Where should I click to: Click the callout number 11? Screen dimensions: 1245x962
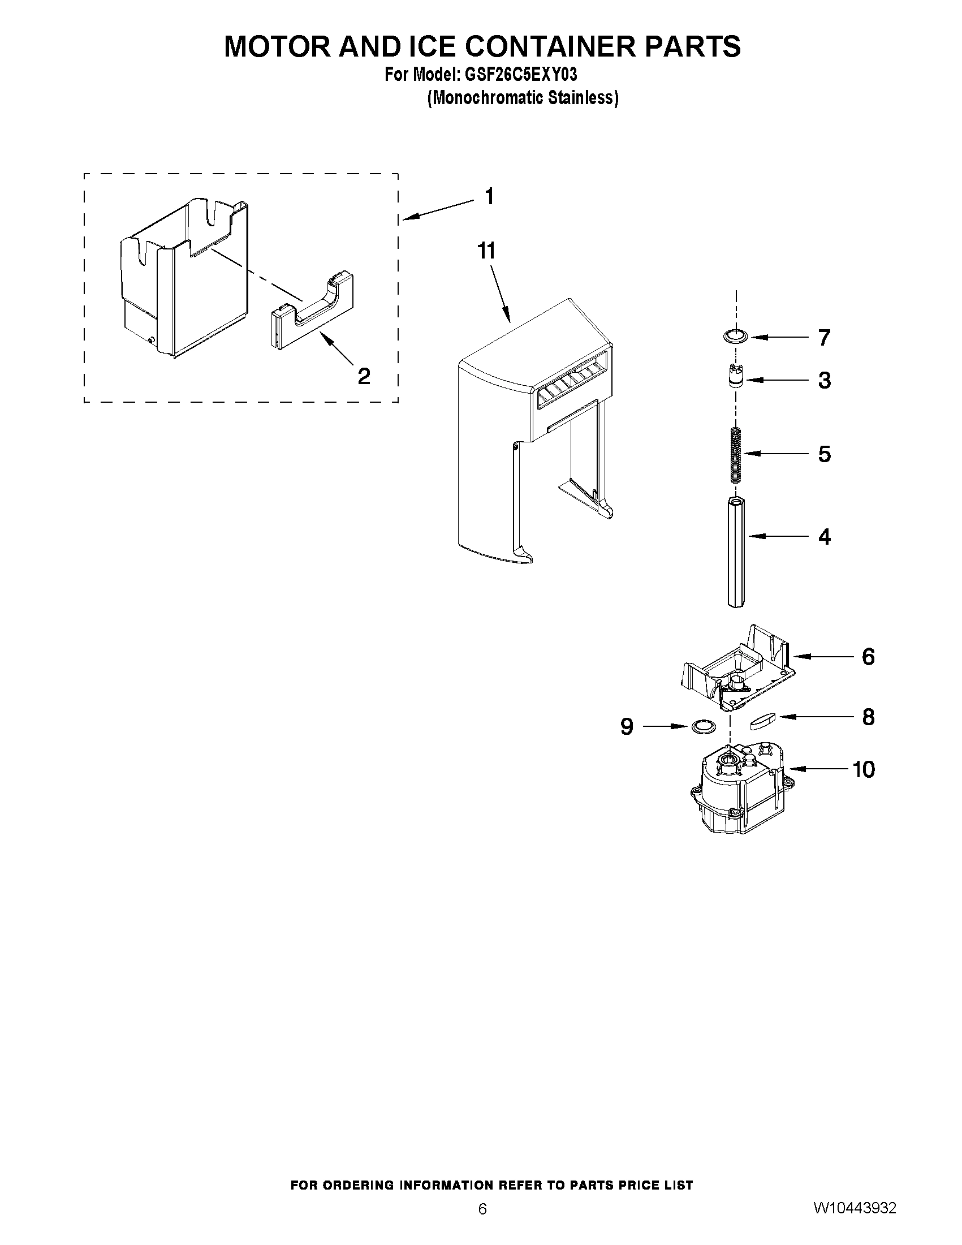tap(486, 251)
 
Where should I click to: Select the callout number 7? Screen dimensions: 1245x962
tap(824, 338)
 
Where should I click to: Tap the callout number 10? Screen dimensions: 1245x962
tap(864, 769)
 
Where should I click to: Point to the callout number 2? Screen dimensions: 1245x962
tap(364, 376)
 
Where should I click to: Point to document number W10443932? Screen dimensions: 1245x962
tap(855, 1223)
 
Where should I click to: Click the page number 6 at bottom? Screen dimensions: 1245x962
tap(482, 1224)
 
